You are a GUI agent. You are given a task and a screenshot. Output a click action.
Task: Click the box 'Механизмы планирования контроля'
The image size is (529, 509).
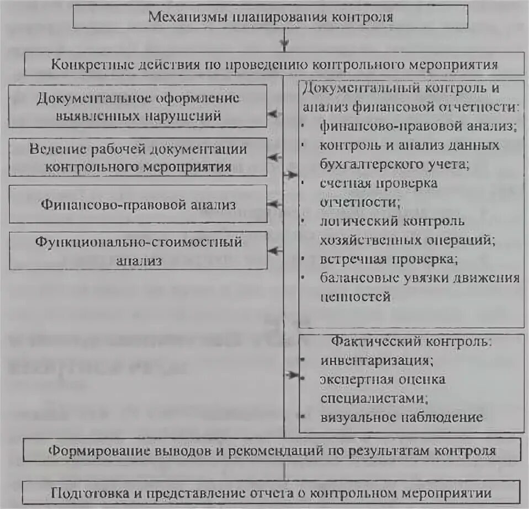click(270, 17)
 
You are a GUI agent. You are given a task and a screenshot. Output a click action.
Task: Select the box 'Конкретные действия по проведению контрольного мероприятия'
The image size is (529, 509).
click(274, 64)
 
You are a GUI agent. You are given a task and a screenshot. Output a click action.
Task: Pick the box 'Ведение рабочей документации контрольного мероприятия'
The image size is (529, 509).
click(138, 157)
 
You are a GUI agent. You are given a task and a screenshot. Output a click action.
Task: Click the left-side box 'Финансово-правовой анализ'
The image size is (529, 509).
click(138, 204)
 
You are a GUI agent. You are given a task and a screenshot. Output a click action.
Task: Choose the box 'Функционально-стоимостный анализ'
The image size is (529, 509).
click(138, 251)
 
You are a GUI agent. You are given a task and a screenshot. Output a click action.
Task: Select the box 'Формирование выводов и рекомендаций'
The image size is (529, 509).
click(272, 450)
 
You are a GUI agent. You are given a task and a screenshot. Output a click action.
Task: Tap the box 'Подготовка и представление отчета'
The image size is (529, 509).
click(272, 492)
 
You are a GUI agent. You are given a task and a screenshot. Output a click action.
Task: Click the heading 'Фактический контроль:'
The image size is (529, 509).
click(411, 341)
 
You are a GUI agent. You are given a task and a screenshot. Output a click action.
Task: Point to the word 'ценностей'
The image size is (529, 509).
click(355, 296)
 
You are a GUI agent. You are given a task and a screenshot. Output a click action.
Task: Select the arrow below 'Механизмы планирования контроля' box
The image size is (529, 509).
click(284, 42)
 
